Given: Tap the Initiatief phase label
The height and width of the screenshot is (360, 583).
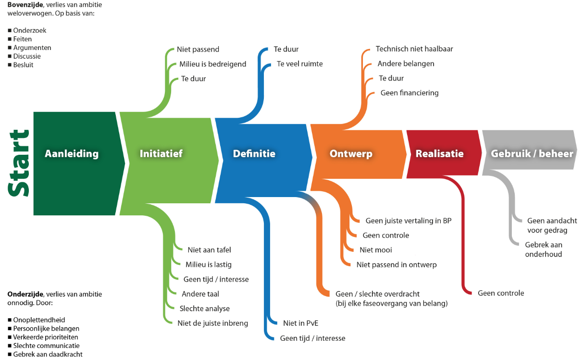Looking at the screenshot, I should pyautogui.click(x=161, y=154).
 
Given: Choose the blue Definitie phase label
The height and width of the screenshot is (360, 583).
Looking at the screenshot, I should pyautogui.click(x=254, y=154).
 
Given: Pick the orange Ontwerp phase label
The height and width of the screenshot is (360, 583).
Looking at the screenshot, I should pyautogui.click(x=351, y=154).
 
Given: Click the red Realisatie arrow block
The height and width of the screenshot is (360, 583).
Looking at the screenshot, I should pyautogui.click(x=439, y=154).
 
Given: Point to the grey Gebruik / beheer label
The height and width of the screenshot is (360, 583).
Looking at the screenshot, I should pyautogui.click(x=532, y=154).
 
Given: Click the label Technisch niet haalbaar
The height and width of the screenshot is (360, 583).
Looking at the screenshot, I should pyautogui.click(x=414, y=49).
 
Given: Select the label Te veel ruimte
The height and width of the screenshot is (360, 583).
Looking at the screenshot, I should pyautogui.click(x=300, y=64).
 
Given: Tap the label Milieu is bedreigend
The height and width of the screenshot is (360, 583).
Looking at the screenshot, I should pyautogui.click(x=212, y=64).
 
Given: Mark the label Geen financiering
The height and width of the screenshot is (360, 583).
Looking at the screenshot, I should pyautogui.click(x=409, y=93).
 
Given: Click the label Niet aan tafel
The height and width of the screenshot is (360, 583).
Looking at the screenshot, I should pyautogui.click(x=210, y=250).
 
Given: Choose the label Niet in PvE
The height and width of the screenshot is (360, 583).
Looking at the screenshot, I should pyautogui.click(x=301, y=323).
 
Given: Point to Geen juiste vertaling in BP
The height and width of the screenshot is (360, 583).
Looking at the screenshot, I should pyautogui.click(x=409, y=221).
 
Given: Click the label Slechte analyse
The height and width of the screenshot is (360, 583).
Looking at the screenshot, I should pyautogui.click(x=205, y=309).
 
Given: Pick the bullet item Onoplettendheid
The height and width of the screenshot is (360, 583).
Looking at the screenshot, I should pyautogui.click(x=39, y=320).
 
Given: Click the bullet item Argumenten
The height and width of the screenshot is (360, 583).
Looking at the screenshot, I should pyautogui.click(x=32, y=48).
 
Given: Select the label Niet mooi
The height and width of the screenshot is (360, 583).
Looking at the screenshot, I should pyautogui.click(x=376, y=250).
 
